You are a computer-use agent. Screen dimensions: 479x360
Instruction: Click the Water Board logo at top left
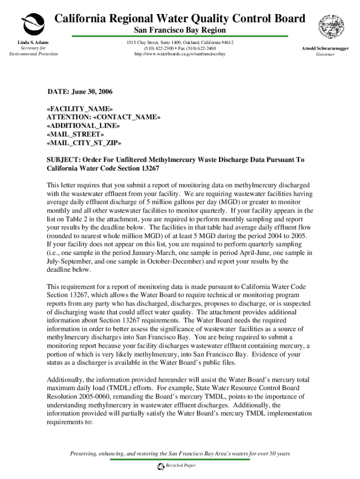(33, 23)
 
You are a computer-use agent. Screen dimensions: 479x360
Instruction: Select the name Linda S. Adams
(33, 43)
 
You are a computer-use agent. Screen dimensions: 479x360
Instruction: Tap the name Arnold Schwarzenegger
(325, 49)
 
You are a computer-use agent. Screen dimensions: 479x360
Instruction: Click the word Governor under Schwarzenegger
(325, 54)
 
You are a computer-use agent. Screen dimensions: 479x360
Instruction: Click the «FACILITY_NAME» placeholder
(80, 109)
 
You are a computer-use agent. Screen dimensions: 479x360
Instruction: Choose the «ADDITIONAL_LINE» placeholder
(83, 125)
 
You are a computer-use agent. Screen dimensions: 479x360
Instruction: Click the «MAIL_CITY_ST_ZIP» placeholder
(84, 143)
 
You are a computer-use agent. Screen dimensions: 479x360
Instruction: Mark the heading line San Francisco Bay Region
(180, 30)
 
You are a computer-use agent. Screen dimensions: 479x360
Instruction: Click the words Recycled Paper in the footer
(180, 466)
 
